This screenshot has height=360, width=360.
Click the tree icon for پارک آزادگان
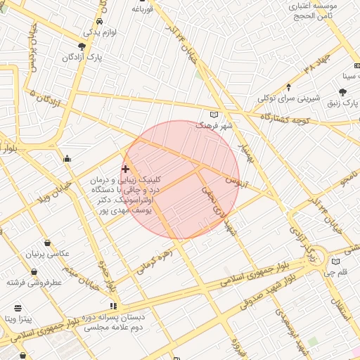(x=82, y=47)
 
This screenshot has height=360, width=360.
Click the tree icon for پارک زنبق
(x=342, y=92)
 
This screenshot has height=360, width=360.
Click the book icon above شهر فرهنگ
(x=214, y=115)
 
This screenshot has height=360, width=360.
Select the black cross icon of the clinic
(x=125, y=169)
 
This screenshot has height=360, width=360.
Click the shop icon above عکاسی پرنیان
(x=47, y=243)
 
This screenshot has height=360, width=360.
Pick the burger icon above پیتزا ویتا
(x=18, y=308)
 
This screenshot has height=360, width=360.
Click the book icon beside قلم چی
(x=335, y=262)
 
